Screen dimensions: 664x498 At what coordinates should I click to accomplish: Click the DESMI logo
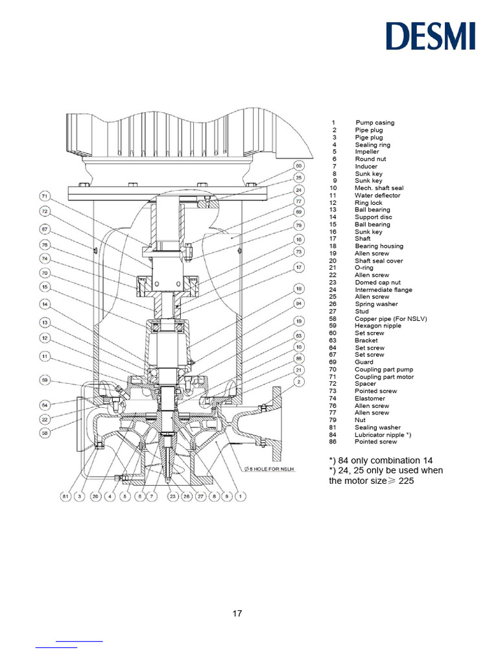coord(431,36)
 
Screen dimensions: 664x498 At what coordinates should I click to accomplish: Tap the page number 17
coord(237,613)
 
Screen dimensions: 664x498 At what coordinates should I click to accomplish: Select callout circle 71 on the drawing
coord(45,196)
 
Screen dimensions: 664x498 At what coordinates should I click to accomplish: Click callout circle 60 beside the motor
coord(299,165)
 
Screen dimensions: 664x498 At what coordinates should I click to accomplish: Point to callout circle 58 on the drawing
coord(45,433)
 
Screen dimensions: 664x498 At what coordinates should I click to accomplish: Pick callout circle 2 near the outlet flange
coord(299,382)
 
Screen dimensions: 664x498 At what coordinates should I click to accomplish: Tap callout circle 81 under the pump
coord(65,497)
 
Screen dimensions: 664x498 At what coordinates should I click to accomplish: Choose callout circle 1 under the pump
coord(241,497)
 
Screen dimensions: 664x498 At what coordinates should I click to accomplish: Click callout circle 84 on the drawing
coord(299,303)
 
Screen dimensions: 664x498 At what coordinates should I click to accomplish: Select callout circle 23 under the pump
coord(172,497)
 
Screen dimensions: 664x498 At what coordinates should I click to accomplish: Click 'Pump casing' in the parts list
coord(374,123)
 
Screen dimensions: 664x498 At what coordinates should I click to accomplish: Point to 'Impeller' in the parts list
coord(366,152)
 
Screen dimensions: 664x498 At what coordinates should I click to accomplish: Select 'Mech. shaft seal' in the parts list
coord(379,188)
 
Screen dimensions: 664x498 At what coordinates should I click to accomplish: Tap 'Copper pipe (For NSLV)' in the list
coord(390,318)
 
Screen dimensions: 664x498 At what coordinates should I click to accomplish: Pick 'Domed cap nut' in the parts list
coord(377,282)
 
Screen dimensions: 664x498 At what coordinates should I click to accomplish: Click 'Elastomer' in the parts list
coord(370,398)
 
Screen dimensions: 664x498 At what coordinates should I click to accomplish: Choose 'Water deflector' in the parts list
coord(377,195)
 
